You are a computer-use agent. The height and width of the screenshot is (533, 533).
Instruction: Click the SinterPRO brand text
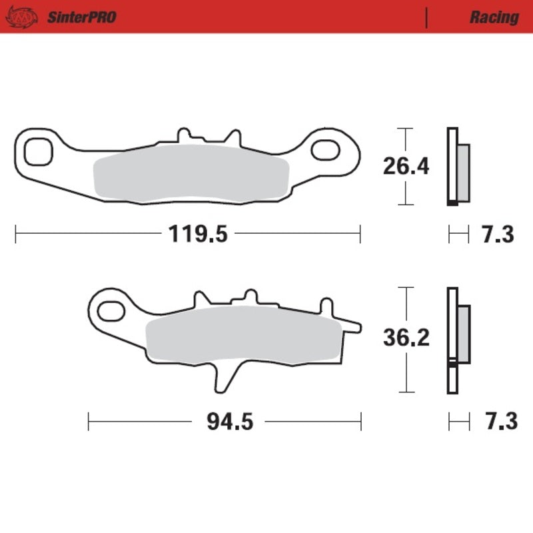[x=81, y=17]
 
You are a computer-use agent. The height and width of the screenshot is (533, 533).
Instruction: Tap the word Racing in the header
[x=494, y=17]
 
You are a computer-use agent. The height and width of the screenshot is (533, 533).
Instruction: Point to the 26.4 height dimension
[x=405, y=166]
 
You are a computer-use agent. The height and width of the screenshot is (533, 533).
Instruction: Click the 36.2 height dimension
[x=405, y=339]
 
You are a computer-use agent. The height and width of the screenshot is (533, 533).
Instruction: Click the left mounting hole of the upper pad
[x=37, y=151]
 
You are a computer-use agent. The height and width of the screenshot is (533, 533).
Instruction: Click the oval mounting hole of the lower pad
[x=109, y=309]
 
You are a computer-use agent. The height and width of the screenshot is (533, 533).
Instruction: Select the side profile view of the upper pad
[x=456, y=167]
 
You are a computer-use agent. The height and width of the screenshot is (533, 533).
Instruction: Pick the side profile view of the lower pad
[x=456, y=340]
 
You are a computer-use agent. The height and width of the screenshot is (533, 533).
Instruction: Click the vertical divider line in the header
[x=426, y=17]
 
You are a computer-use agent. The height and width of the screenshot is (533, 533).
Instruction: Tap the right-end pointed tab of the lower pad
[x=353, y=326]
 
